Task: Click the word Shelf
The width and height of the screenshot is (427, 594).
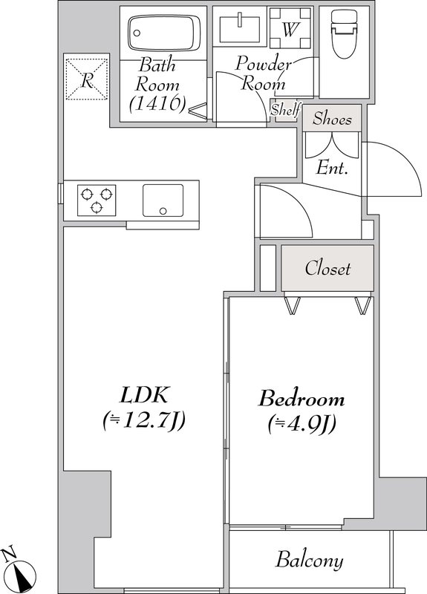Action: tap(285, 111)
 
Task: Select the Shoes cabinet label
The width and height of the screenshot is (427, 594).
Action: tap(332, 118)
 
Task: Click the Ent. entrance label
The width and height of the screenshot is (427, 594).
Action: tap(332, 168)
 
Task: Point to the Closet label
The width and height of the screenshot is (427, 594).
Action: tap(327, 268)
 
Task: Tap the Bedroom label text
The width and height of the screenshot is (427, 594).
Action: tap(301, 399)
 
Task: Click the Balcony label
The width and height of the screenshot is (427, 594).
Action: tap(310, 560)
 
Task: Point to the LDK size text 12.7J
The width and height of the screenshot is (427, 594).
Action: tap(143, 422)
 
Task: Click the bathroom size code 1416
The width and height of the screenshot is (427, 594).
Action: tap(156, 104)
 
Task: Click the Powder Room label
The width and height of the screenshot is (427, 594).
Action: tap(263, 73)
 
